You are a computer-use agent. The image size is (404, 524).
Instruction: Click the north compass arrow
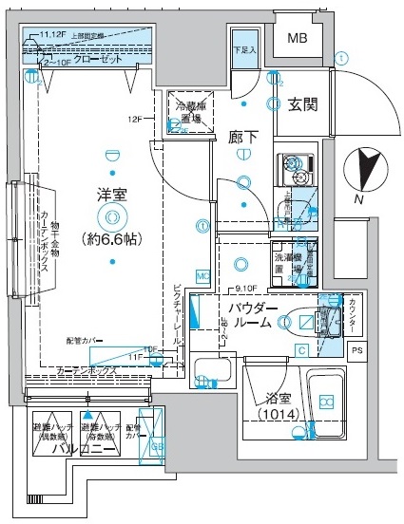(365, 168)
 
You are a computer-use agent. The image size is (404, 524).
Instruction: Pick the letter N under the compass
(358, 199)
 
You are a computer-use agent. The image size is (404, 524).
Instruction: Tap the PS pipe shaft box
(356, 351)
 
